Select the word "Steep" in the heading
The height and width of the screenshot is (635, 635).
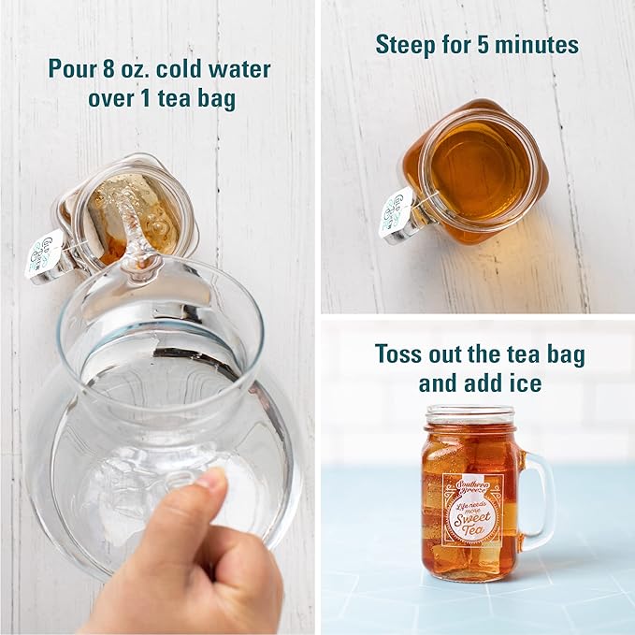(404, 44)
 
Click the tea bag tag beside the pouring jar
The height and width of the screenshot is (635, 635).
(43, 253)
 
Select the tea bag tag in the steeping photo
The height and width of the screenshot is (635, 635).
(396, 212)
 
